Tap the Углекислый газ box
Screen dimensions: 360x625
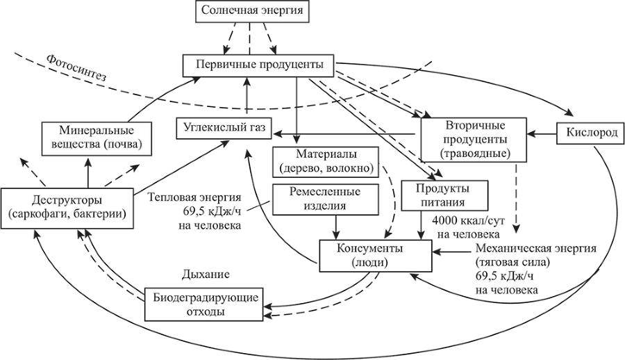224,129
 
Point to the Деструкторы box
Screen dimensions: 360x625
67,207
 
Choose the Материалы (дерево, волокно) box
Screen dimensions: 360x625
326,161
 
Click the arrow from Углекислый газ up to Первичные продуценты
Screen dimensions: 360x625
247,95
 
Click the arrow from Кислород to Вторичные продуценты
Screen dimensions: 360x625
541,132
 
